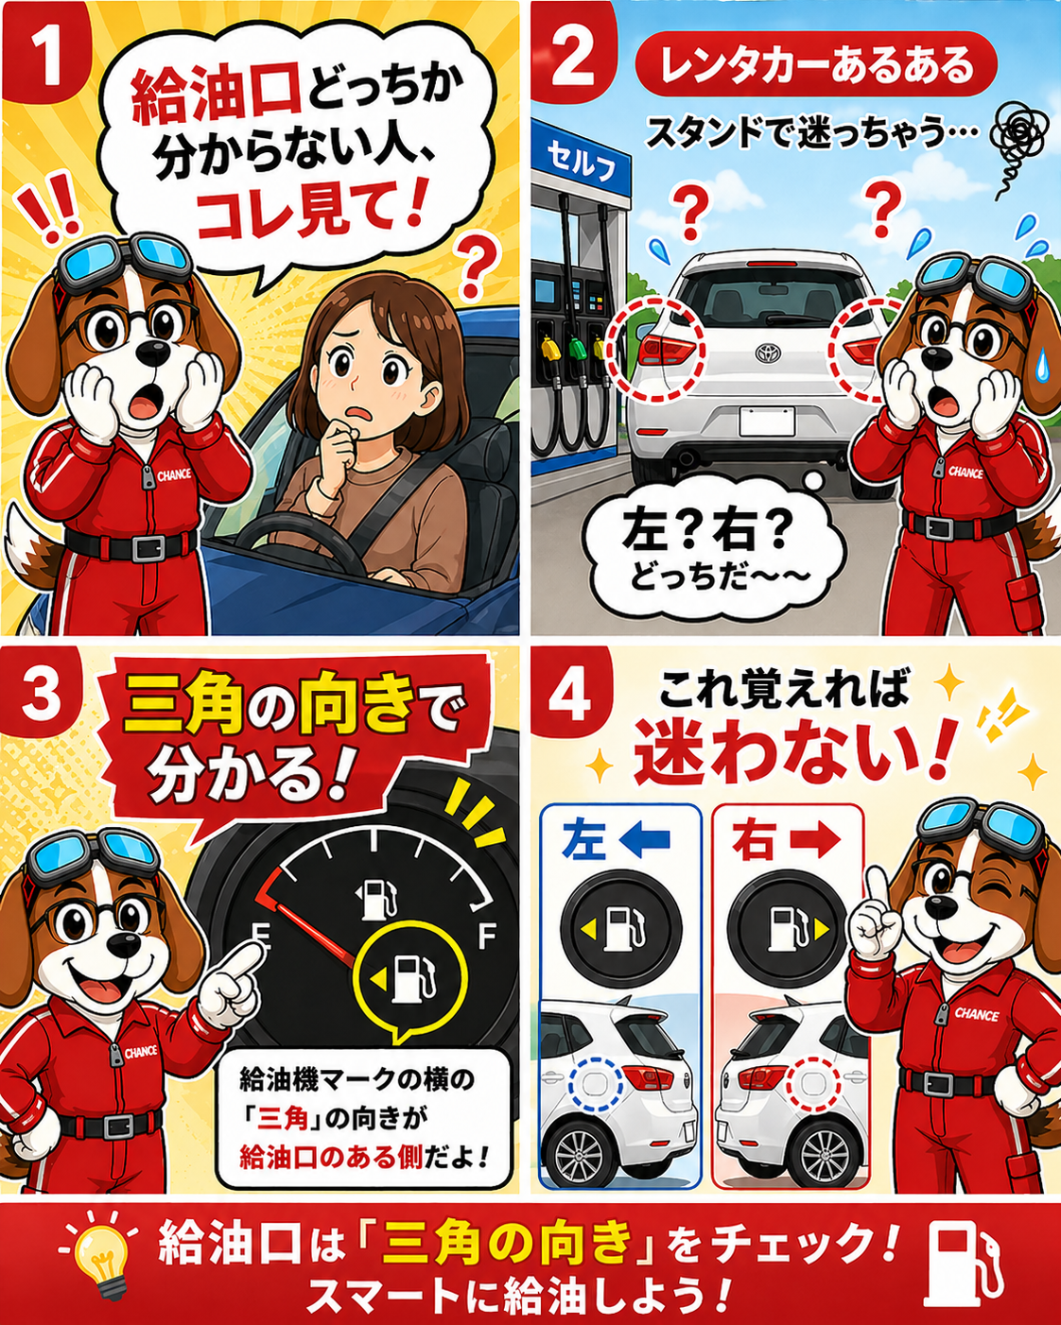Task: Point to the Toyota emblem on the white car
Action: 768,353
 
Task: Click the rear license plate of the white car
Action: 767,422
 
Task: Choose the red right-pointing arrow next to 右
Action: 813,838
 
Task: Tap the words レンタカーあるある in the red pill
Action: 816,65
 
